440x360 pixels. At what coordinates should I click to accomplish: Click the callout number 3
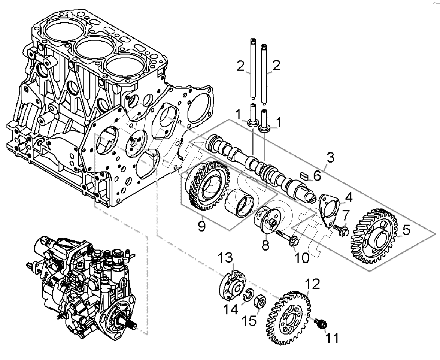pos(331,158)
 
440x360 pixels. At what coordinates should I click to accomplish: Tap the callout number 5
pos(406,230)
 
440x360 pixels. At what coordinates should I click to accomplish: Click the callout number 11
pos(332,338)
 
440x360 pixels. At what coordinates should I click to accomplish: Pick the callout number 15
pos(249,320)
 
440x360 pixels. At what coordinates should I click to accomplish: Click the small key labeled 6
pos(304,176)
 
